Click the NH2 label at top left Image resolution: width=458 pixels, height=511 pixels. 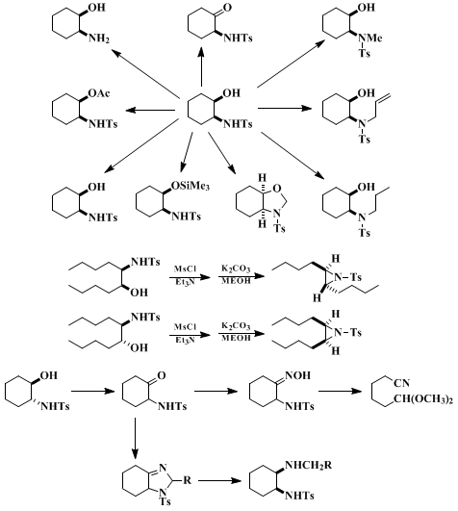point(99,38)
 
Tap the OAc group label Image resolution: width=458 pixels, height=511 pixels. point(99,93)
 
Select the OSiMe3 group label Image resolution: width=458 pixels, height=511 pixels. point(191,186)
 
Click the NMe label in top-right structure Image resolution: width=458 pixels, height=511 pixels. point(370,38)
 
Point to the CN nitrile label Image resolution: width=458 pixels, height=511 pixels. point(401,383)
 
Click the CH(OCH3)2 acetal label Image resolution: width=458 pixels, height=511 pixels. point(423,399)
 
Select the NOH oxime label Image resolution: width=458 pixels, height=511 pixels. point(298,375)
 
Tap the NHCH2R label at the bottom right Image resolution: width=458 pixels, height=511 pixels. point(309,465)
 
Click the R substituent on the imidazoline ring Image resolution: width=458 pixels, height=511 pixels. point(187,480)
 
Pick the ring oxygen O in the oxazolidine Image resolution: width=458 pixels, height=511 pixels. point(277,188)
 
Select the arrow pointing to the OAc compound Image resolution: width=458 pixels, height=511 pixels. point(150,110)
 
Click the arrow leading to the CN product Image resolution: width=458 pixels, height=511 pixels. point(341,391)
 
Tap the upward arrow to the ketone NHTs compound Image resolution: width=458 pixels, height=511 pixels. point(202,66)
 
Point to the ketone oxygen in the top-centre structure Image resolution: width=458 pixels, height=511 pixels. point(227,7)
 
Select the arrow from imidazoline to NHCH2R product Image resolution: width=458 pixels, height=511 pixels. point(220,480)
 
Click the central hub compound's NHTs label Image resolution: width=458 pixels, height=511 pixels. point(238,124)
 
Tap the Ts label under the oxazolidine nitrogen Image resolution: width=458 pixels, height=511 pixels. point(279,228)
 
